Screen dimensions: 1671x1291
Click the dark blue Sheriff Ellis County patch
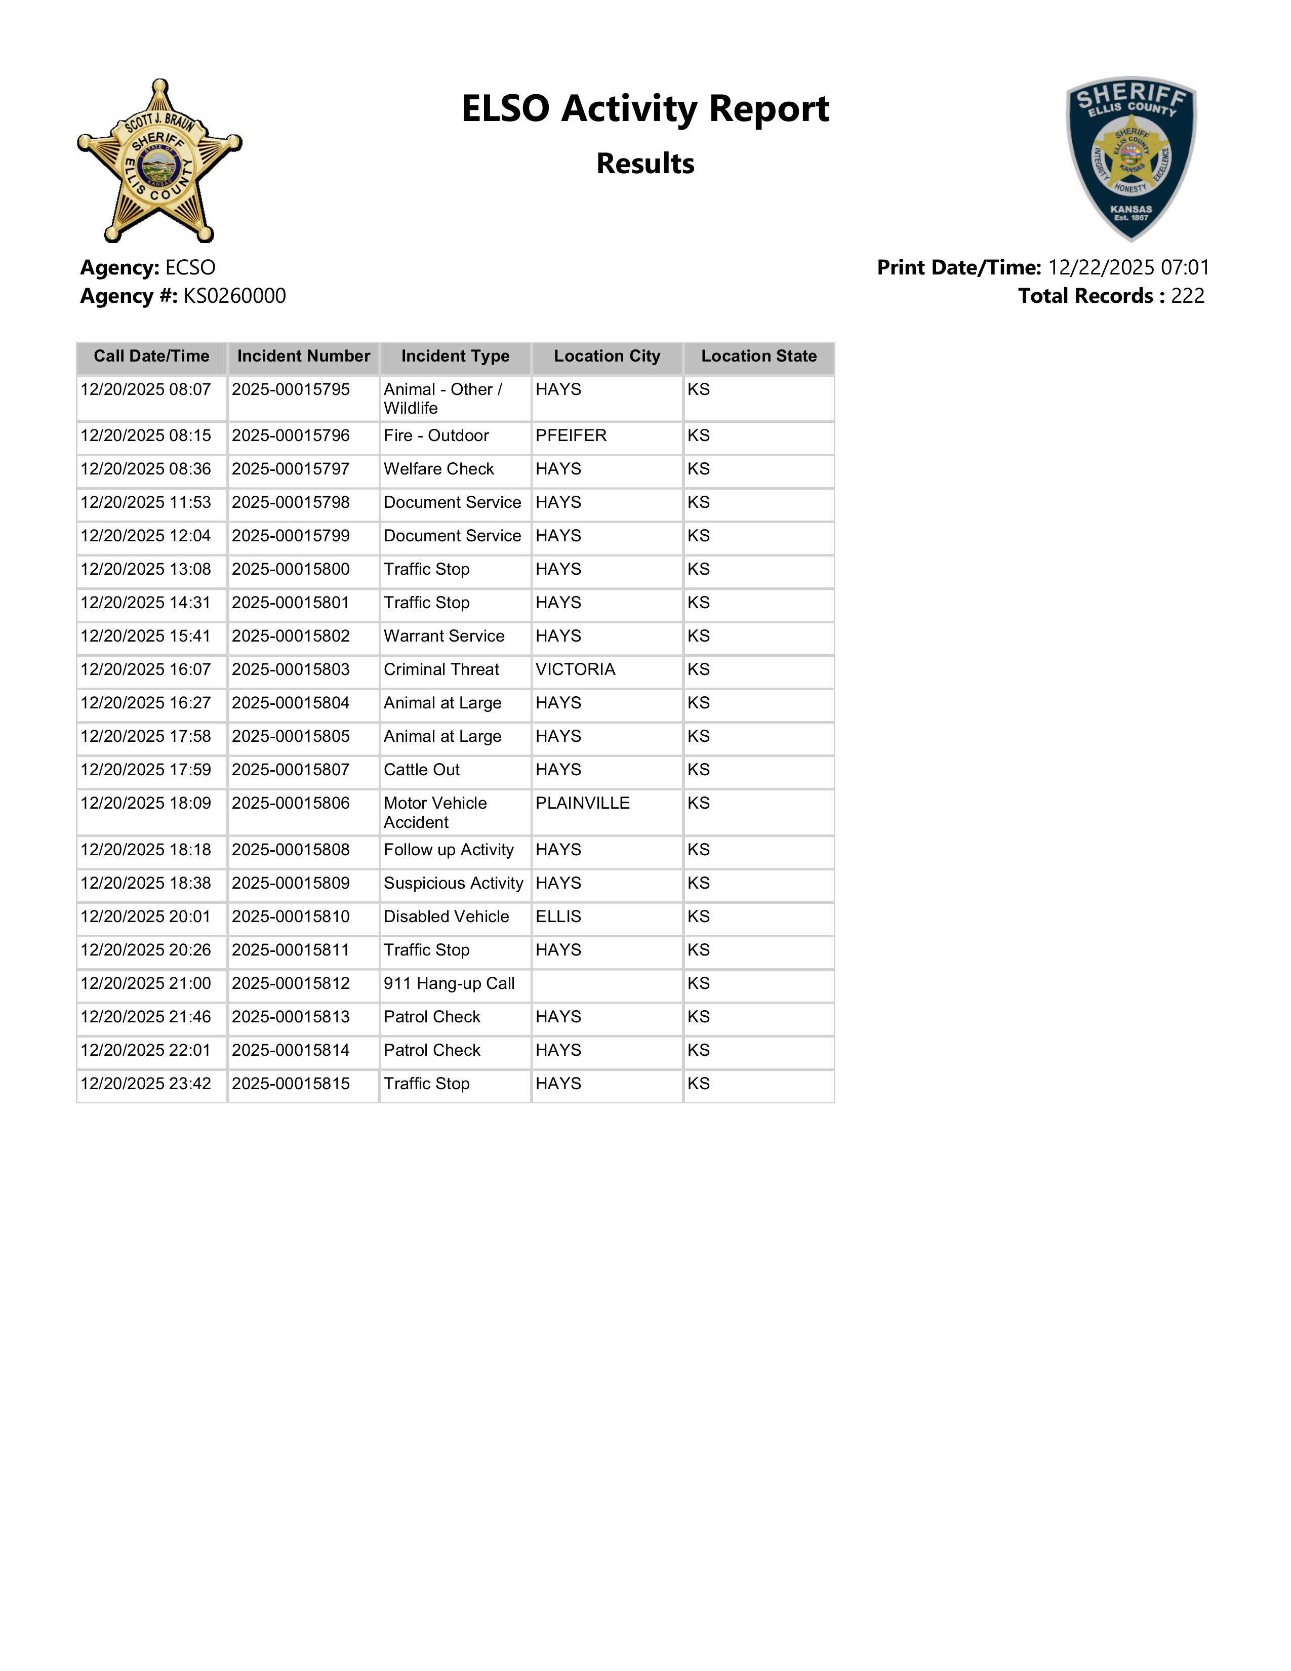tap(1131, 158)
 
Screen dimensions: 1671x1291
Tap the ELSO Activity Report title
tap(644, 109)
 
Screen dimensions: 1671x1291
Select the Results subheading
tap(644, 164)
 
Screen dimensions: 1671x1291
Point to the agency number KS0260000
tap(234, 296)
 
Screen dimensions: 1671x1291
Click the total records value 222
tap(1187, 296)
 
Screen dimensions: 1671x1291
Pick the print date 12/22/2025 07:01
tap(1128, 268)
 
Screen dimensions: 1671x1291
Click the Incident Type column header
tap(455, 356)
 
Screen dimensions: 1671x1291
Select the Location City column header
tap(607, 356)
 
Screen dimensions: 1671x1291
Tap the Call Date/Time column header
tap(151, 356)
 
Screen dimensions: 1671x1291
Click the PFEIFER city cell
tap(571, 436)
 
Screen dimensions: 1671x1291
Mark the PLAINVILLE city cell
tap(582, 804)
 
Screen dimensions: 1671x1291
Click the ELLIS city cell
tap(558, 917)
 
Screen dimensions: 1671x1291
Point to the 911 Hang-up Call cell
tap(449, 984)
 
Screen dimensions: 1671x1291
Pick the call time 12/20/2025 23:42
tap(145, 1084)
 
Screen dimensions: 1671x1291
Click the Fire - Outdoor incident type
tap(436, 436)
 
